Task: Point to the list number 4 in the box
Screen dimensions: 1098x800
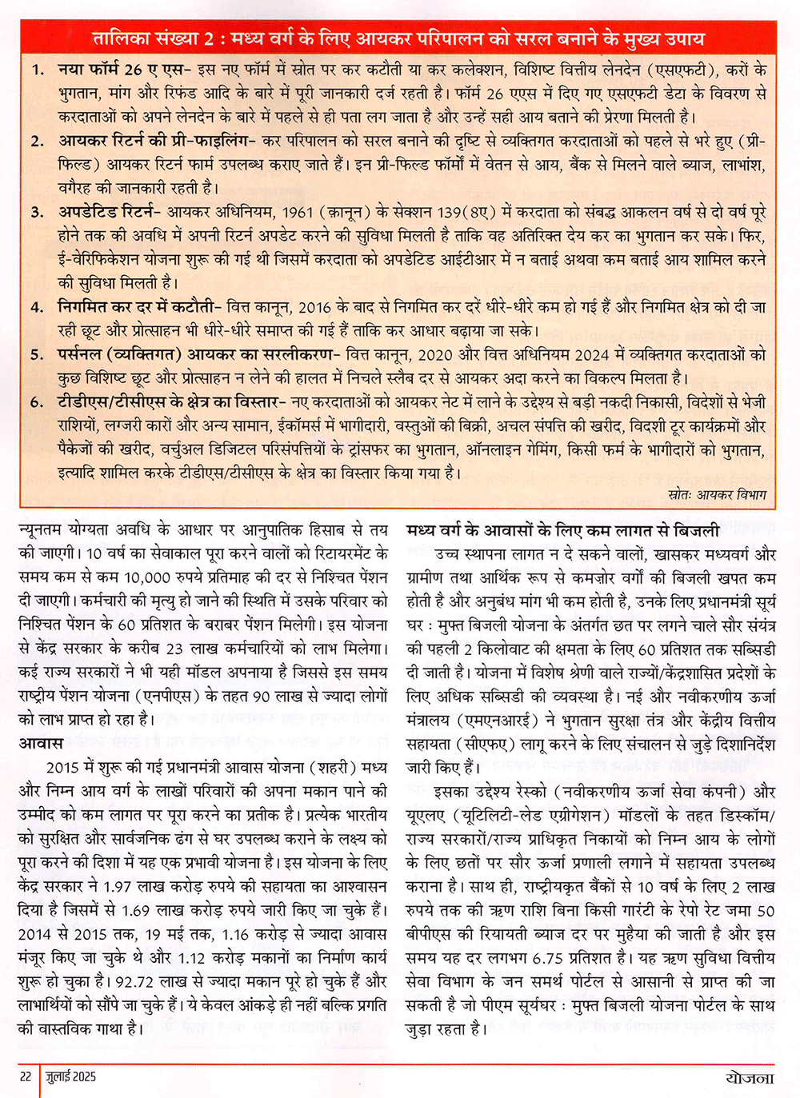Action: pos(37,308)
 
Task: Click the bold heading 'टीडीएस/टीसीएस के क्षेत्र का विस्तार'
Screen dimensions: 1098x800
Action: pos(167,402)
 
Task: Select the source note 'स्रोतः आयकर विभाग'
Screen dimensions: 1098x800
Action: pos(717,495)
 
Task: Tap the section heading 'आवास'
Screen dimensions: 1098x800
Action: pos(41,744)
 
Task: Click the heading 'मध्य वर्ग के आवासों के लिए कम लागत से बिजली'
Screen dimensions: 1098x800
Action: pos(562,530)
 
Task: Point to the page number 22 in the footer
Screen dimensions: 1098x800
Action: pos(26,1076)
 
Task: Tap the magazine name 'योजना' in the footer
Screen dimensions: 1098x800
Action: pos(750,1077)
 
